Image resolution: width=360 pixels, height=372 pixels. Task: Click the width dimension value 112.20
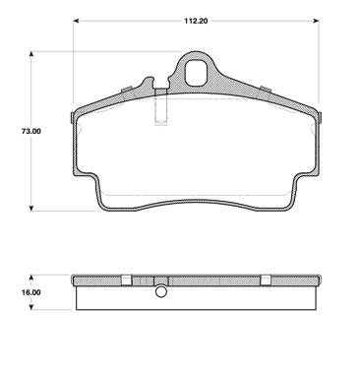pos(196,21)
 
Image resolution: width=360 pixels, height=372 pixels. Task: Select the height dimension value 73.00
pos(31,131)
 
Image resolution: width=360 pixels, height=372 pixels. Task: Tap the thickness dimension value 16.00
pos(31,292)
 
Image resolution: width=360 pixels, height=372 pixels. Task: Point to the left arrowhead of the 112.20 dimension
pos(76,21)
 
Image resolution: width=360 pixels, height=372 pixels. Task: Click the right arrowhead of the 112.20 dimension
pos(316,21)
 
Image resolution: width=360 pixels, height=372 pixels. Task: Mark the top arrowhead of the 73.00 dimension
pos(31,54)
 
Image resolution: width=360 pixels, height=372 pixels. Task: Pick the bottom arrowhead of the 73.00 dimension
pos(31,208)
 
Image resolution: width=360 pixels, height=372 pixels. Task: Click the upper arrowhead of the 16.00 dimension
pos(31,279)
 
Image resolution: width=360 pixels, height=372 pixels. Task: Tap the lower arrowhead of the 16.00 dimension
pos(31,307)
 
